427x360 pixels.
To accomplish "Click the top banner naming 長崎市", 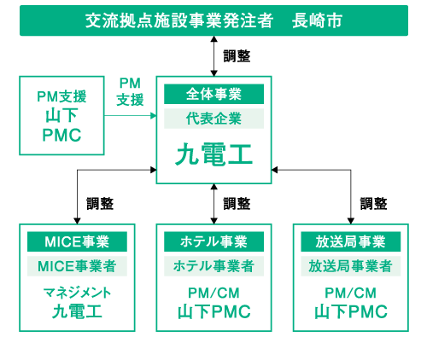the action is click(213, 20).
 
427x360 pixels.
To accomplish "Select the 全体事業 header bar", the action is click(213, 94).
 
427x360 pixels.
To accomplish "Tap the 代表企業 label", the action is click(213, 119).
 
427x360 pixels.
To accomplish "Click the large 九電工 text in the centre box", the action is click(213, 154).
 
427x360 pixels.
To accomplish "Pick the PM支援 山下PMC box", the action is click(61, 115).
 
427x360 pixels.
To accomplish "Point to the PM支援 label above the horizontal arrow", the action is click(130, 92).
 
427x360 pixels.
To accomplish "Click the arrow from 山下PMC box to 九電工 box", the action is click(131, 115).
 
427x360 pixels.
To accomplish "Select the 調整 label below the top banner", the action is click(237, 56).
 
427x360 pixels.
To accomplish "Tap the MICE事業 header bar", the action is click(77, 241).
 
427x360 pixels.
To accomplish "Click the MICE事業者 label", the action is click(77, 266).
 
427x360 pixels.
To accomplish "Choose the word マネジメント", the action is click(77, 293).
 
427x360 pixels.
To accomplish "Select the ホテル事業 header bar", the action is click(213, 241).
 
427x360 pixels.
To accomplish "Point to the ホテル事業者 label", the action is click(213, 266).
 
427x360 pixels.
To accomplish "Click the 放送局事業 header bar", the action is click(351, 241).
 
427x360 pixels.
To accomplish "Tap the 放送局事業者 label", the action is click(351, 266).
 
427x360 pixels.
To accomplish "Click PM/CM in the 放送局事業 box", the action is click(351, 293).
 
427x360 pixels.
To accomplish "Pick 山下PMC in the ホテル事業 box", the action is click(214, 311).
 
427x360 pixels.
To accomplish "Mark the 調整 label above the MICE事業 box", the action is click(100, 204).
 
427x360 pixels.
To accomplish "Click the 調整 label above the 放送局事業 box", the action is click(373, 204).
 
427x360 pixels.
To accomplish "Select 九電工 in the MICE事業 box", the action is click(77, 311).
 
